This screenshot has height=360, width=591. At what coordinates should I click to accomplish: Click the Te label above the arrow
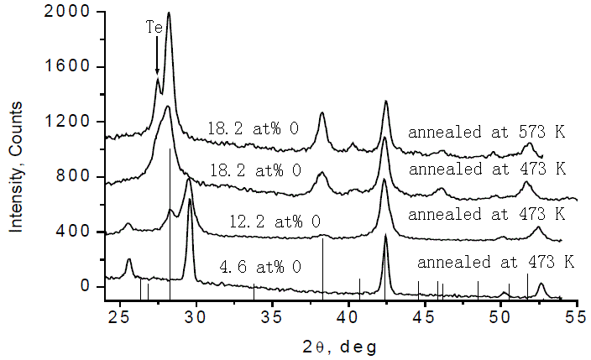(x=154, y=27)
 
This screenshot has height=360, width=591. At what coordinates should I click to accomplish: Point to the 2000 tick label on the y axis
(x=66, y=12)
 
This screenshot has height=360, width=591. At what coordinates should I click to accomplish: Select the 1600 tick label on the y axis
(x=66, y=67)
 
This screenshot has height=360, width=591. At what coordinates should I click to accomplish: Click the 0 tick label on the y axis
(x=85, y=286)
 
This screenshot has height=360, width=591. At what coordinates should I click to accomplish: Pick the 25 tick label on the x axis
(x=120, y=316)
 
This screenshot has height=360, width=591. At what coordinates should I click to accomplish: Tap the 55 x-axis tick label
(x=577, y=316)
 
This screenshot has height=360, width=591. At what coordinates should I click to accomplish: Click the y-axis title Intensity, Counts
(x=16, y=167)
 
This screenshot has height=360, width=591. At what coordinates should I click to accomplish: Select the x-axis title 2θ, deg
(x=340, y=347)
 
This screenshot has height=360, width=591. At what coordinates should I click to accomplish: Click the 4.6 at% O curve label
(x=260, y=267)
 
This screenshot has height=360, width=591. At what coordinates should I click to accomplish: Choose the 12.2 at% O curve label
(x=275, y=222)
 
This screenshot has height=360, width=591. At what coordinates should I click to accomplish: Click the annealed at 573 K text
(x=487, y=133)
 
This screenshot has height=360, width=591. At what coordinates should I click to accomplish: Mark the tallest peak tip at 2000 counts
(x=169, y=13)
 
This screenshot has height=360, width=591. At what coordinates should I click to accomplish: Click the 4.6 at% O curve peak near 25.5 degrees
(x=129, y=260)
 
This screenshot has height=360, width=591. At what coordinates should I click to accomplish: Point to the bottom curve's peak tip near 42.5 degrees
(x=385, y=236)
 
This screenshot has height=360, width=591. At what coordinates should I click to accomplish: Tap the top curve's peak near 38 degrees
(x=322, y=113)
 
